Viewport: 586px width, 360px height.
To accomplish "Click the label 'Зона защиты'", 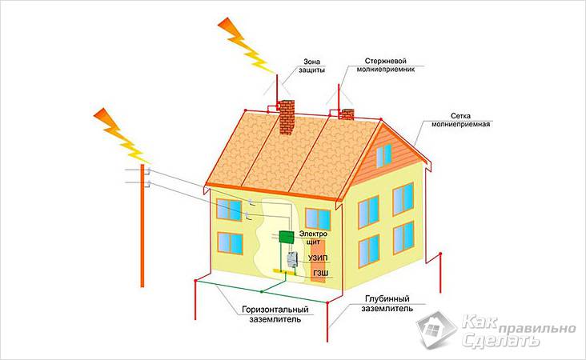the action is [x=311, y=66].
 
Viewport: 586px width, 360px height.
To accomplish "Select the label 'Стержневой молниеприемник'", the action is [x=385, y=65].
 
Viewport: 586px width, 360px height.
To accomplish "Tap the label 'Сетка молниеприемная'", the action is [x=460, y=120].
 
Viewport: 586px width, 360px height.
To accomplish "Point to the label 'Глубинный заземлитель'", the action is [x=387, y=304].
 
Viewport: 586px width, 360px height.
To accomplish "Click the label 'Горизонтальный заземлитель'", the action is [x=275, y=314].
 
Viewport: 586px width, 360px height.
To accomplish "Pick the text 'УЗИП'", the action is [x=318, y=258].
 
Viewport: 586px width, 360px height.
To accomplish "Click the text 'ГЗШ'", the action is [x=321, y=274].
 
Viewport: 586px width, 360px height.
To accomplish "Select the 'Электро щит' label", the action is [x=313, y=238].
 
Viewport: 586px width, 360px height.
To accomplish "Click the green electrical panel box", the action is [x=287, y=238].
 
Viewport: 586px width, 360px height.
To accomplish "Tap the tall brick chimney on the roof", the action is [x=287, y=118].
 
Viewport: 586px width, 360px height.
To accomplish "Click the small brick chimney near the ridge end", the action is [x=347, y=114].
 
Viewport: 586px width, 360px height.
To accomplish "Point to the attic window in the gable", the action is [x=383, y=155].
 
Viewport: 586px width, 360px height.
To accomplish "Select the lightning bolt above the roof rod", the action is [x=247, y=45].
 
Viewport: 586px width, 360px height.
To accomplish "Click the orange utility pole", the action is [x=142, y=225].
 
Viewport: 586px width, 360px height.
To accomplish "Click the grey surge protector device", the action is [x=291, y=260].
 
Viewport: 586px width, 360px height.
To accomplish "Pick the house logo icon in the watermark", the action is [x=436, y=330].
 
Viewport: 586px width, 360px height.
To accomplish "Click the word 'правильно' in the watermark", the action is [x=537, y=329].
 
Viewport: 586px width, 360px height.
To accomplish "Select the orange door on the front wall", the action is [x=318, y=261].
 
